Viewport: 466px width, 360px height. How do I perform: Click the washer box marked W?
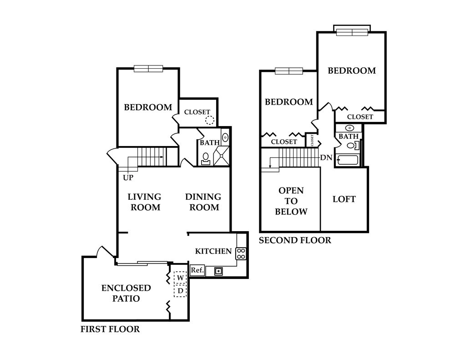[180, 277]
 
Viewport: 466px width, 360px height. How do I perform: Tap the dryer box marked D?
[180, 290]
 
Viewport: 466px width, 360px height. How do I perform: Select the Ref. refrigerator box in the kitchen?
[197, 270]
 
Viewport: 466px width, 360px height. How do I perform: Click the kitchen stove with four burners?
[241, 253]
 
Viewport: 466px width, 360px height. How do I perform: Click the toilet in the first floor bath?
[206, 158]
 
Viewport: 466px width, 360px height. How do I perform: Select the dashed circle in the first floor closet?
[209, 120]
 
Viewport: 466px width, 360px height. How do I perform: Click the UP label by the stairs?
[128, 178]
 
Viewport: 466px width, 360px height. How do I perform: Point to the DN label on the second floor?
[326, 158]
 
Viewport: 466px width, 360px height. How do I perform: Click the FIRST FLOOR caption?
[110, 329]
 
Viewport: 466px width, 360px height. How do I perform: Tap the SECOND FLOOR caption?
[295, 240]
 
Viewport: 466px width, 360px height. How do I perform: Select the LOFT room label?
[344, 199]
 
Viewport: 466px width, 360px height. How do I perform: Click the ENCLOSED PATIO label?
[126, 293]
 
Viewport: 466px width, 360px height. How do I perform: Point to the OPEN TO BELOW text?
[291, 201]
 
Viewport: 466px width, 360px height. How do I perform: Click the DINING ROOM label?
[203, 202]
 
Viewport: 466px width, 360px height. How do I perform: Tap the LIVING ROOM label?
[144, 202]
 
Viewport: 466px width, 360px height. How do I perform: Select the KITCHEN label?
[213, 251]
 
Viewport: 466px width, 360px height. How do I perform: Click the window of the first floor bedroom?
[148, 69]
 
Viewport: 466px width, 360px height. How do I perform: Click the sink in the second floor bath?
[351, 128]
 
